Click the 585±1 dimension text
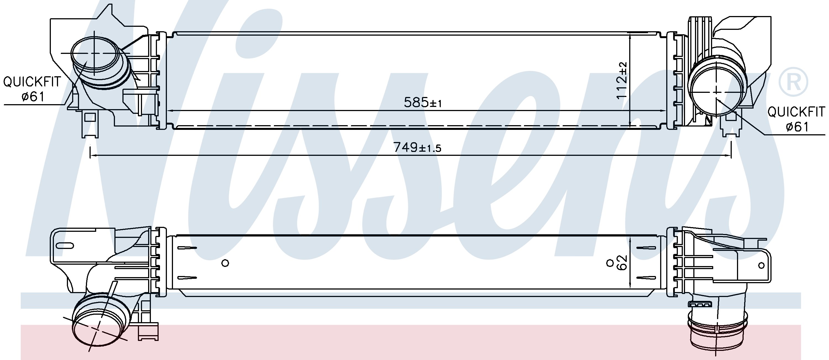click(x=423, y=103)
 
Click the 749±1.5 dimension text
click(x=417, y=147)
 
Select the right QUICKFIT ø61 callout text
click(x=796, y=119)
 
